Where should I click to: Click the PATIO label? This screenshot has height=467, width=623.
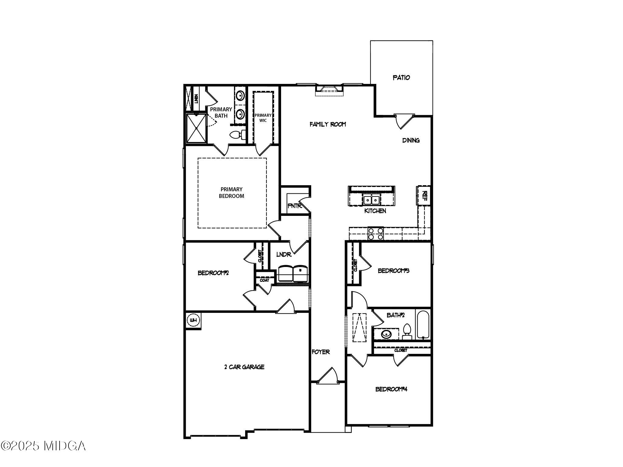click(401, 78)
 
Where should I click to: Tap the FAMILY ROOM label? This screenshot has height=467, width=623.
click(328, 124)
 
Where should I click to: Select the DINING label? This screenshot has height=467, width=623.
click(411, 140)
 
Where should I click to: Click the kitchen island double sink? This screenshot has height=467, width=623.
click(371, 200)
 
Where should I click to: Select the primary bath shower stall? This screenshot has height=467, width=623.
click(196, 128)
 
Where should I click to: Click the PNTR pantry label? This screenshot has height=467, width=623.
click(294, 206)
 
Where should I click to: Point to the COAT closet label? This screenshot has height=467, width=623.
click(264, 280)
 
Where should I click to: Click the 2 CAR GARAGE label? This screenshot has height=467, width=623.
click(244, 367)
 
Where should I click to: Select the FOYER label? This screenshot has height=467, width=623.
click(321, 352)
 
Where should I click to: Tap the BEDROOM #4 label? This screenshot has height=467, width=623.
click(391, 389)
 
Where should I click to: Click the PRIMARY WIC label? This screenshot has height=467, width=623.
click(263, 118)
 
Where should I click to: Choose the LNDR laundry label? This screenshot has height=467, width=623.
click(284, 254)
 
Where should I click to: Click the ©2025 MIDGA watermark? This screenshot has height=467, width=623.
click(43, 446)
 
